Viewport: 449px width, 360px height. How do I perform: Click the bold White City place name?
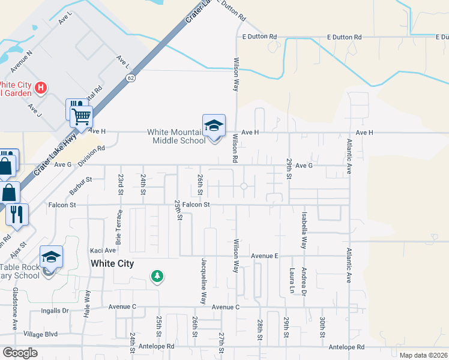coord(112,263)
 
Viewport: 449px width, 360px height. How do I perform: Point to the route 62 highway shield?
coord(131,78)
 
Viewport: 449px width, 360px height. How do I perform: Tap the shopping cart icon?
coord(81,116)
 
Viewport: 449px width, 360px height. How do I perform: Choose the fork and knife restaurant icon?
coord(17,214)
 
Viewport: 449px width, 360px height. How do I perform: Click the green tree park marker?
coord(157,276)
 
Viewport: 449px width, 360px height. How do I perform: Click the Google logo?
coord(20,353)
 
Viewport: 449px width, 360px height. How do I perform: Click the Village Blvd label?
coord(41,334)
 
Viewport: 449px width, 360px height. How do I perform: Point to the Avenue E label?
coord(265,256)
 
